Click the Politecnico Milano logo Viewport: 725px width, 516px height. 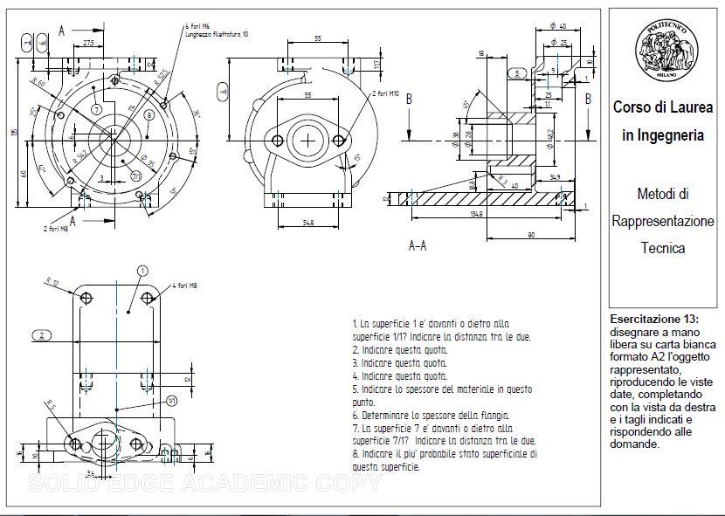pyautogui.click(x=666, y=53)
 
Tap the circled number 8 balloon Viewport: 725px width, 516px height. pyautogui.click(x=149, y=114)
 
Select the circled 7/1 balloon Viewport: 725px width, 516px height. pyautogui.click(x=136, y=175)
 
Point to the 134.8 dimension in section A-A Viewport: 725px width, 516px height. pyautogui.click(x=475, y=212)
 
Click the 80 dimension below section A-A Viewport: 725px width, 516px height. pyautogui.click(x=532, y=233)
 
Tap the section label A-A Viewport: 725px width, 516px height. pyautogui.click(x=418, y=246)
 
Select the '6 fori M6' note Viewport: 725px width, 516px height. pyautogui.click(x=200, y=26)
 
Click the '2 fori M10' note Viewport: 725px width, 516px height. pyautogui.click(x=385, y=93)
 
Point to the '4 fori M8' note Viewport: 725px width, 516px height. pyautogui.click(x=185, y=286)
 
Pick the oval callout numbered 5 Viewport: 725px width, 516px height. pyautogui.click(x=517, y=73)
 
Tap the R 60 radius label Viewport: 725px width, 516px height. pyautogui.click(x=37, y=84)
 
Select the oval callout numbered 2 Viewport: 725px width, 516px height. pyautogui.click(x=42, y=334)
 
